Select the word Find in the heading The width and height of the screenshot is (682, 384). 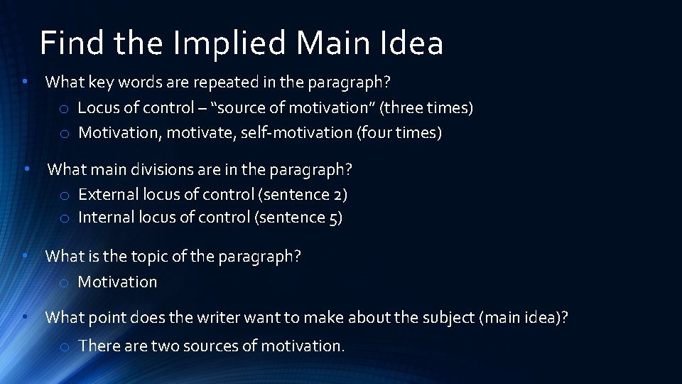pos(69,43)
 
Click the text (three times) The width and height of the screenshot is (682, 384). pos(427,107)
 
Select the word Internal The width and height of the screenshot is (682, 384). pos(107,217)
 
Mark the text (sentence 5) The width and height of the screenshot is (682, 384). pos(298,217)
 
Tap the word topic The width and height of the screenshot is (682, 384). pos(148,256)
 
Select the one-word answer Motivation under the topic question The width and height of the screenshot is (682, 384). pos(117,282)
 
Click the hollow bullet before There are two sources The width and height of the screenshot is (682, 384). pos(64,347)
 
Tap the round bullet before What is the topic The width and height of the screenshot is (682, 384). pos(25,255)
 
